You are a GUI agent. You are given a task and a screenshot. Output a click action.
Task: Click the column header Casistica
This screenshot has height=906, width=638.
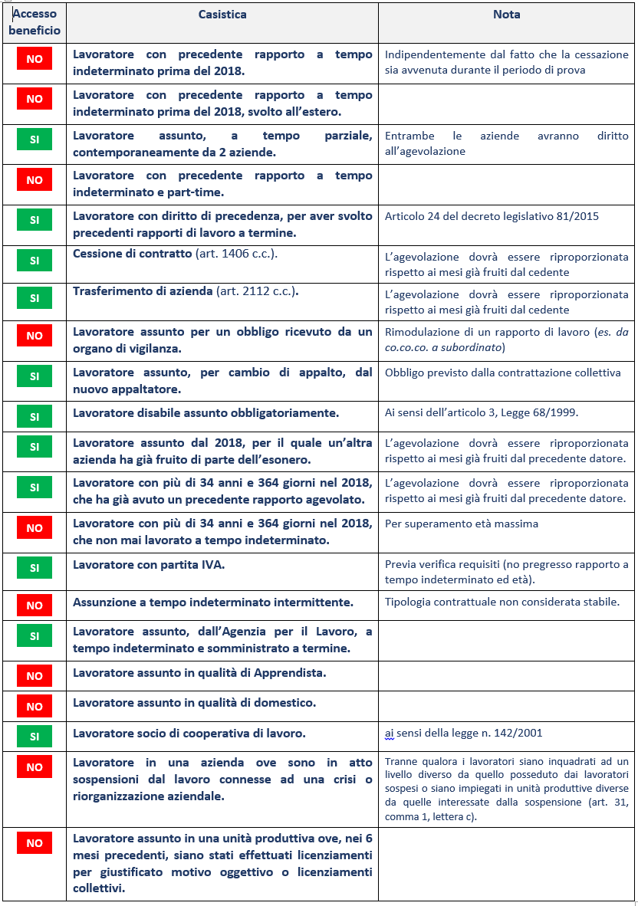[222, 15]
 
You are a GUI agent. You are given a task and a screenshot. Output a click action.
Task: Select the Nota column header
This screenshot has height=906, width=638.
[506, 15]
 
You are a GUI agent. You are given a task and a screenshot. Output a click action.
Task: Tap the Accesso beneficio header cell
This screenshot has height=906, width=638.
[35, 23]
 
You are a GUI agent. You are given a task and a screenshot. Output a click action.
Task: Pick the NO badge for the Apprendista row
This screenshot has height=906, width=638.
[35, 676]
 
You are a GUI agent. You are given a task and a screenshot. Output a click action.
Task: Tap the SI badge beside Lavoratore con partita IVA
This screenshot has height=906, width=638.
[35, 568]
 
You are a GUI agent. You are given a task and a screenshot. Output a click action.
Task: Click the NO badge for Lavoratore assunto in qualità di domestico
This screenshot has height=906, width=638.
[35, 705]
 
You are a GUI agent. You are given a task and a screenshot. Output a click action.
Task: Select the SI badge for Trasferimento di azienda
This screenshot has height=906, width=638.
[35, 298]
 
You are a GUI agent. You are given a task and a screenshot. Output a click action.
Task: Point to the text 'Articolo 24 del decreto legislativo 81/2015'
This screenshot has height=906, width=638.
[492, 216]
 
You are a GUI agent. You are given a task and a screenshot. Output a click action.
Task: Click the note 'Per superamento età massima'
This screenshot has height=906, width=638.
[462, 524]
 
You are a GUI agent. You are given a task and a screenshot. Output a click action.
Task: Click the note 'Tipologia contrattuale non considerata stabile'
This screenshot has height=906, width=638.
[502, 602]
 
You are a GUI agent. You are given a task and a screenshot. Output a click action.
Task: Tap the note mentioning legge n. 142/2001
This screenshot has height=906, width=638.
[463, 733]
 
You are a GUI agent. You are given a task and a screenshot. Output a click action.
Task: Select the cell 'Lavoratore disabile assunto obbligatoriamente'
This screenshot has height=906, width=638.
[206, 413]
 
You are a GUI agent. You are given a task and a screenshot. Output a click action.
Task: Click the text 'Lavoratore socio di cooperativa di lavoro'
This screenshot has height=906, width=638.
[189, 733]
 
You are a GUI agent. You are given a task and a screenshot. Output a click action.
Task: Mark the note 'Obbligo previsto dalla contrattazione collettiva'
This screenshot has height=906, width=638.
[502, 373]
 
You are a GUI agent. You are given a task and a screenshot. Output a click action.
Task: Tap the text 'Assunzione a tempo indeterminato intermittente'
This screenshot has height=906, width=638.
[213, 602]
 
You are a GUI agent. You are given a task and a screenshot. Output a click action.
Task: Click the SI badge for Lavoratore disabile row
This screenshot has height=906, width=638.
[35, 417]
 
